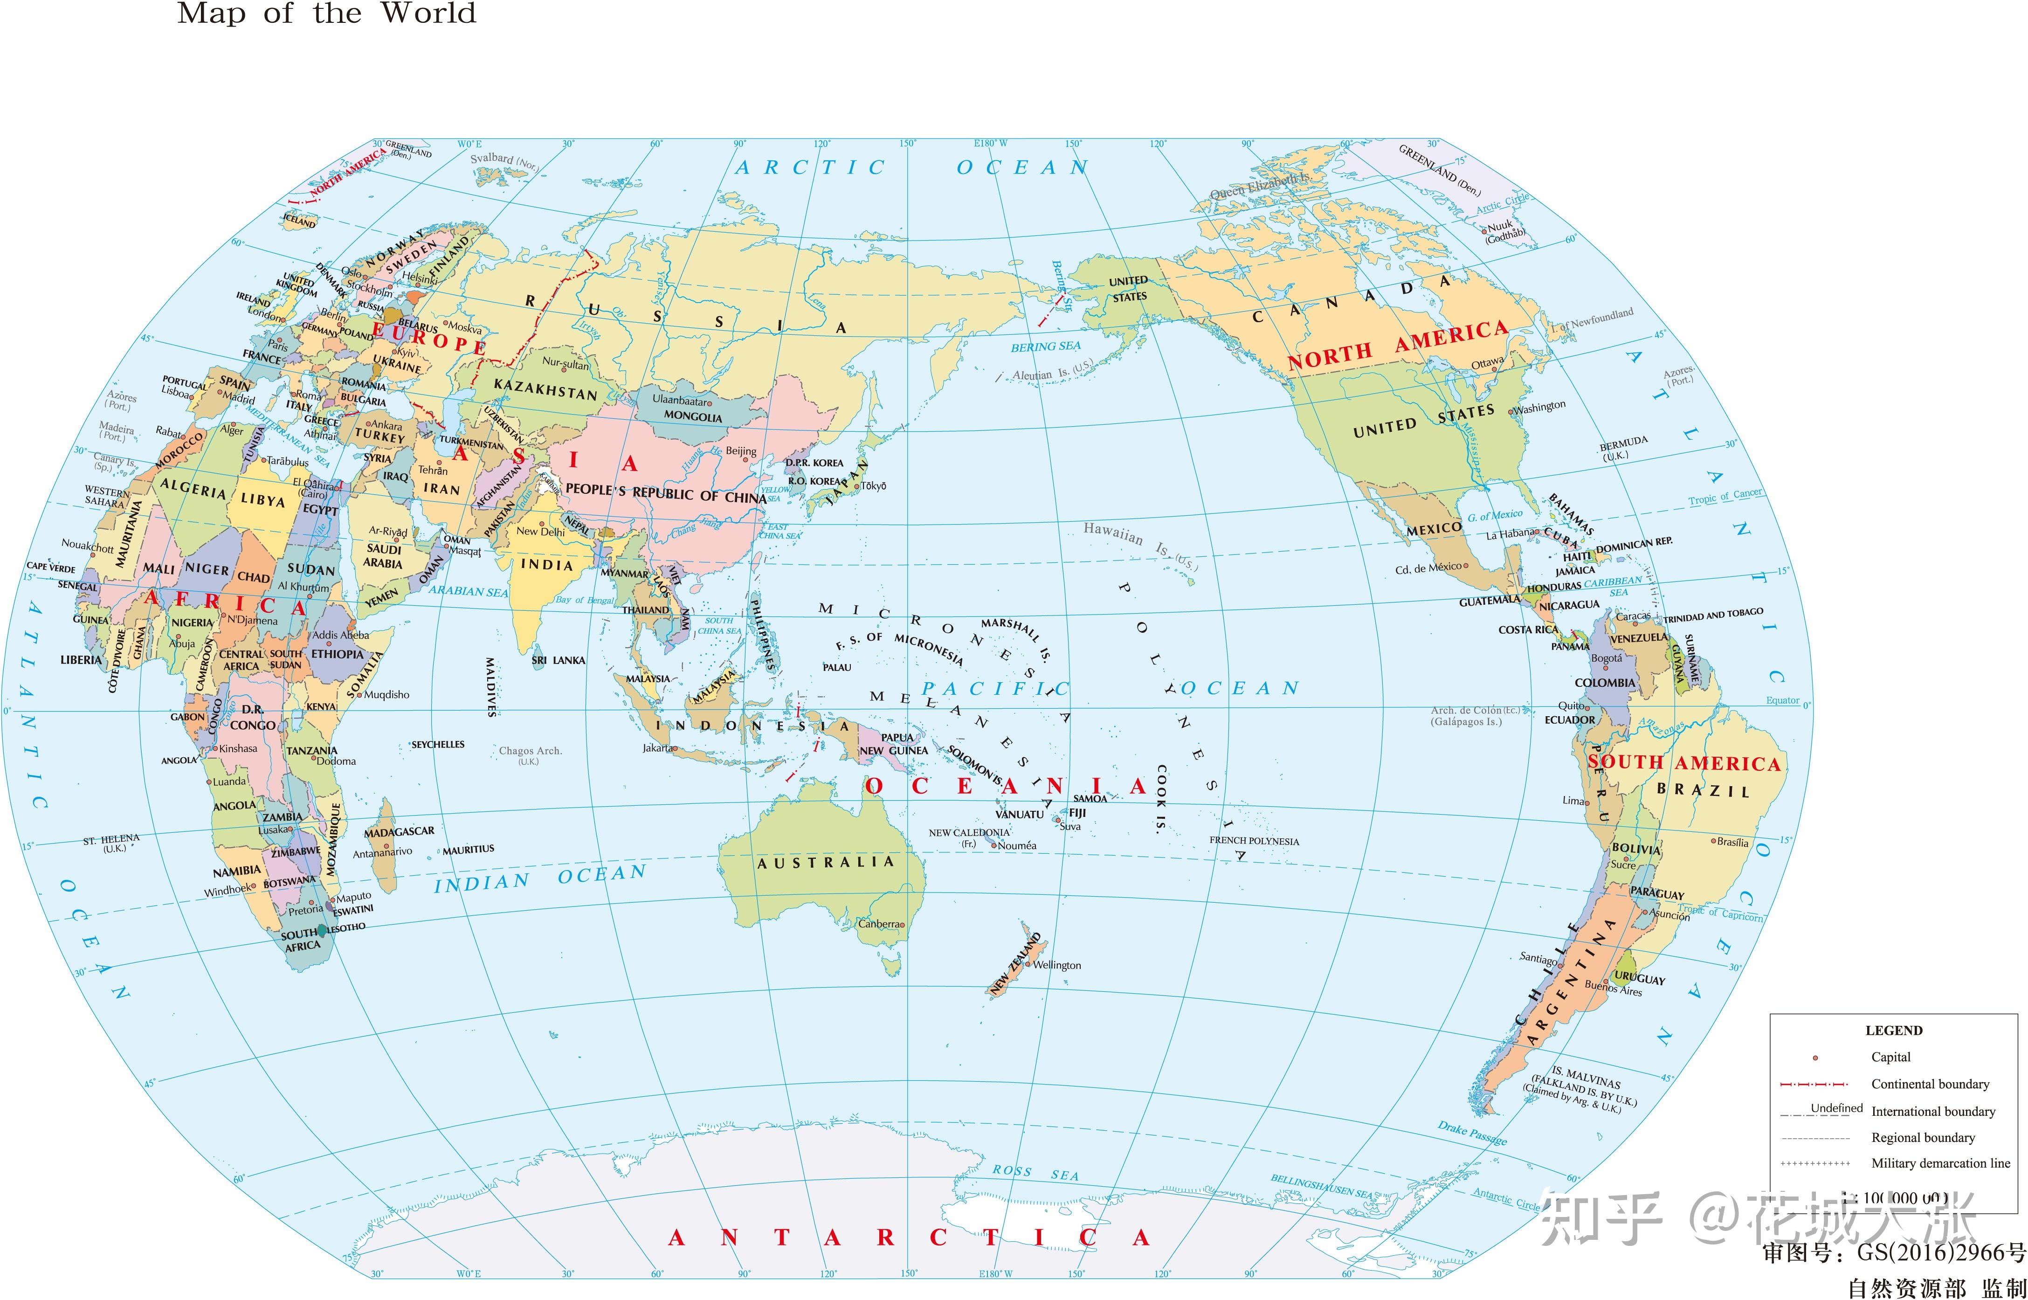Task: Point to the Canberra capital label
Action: [x=878, y=924]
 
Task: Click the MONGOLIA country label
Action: [x=693, y=416]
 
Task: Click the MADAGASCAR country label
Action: [x=399, y=832]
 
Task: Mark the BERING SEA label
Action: [x=1046, y=346]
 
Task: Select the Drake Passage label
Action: [x=1472, y=1134]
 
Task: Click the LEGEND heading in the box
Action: [x=1894, y=1030]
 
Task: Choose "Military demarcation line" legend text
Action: [x=1940, y=1163]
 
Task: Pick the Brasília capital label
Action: [x=1732, y=842]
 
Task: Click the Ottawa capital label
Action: [x=1487, y=363]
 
